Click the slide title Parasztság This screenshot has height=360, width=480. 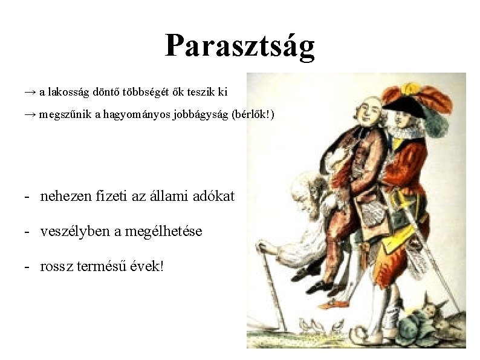pyautogui.click(x=240, y=45)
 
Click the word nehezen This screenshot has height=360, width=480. pyautogui.click(x=63, y=196)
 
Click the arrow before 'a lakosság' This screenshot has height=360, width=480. pyautogui.click(x=30, y=92)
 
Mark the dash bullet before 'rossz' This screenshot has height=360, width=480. pyautogui.click(x=28, y=266)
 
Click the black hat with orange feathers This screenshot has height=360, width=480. pyautogui.click(x=411, y=103)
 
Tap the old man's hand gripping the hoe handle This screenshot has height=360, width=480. pyautogui.click(x=264, y=246)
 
